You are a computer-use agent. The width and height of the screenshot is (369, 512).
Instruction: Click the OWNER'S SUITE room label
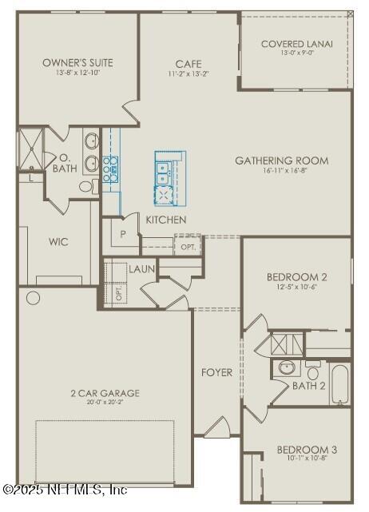[x=77, y=62]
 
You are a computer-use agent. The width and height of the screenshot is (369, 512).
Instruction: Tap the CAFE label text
[x=188, y=64]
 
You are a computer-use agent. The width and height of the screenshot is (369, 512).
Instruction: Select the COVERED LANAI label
[x=297, y=44]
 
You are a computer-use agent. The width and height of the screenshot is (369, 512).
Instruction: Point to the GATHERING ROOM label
[x=281, y=161]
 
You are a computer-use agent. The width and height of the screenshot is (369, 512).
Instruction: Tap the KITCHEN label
[x=166, y=220]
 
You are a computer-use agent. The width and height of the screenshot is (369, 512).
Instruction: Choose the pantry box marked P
[x=123, y=235]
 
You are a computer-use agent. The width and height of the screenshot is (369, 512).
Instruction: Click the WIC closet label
[x=58, y=241]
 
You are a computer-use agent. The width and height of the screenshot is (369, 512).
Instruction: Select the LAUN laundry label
[x=142, y=269]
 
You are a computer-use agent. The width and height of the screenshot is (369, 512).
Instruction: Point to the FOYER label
[x=216, y=372]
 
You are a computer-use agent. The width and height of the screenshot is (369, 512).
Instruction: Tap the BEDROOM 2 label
[x=297, y=277]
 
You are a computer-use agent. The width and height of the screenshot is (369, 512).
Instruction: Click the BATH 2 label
[x=308, y=386]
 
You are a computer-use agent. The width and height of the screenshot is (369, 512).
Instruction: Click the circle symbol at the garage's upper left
[x=33, y=299]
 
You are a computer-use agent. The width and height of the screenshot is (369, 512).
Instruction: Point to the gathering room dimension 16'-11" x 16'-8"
[x=281, y=171]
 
